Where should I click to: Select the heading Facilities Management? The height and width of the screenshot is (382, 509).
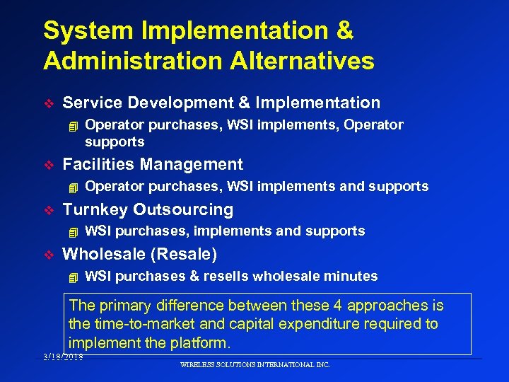(153, 165)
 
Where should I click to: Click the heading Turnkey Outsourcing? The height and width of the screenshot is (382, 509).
(148, 209)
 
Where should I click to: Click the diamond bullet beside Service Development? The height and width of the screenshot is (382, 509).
(48, 103)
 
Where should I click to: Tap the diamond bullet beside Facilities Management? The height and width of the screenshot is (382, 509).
(48, 166)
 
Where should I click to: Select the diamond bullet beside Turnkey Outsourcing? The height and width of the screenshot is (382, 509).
(48, 210)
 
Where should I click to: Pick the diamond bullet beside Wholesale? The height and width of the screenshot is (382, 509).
(48, 255)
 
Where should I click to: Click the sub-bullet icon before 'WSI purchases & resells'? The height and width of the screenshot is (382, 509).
(70, 277)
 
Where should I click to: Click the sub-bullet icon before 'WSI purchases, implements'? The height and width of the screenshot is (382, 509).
(70, 231)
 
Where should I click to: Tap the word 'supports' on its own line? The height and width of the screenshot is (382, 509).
(115, 142)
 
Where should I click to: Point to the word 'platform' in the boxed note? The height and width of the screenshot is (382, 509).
(201, 343)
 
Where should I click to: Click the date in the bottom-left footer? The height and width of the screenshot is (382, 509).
(62, 357)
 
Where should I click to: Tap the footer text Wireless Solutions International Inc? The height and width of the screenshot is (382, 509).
(255, 365)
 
